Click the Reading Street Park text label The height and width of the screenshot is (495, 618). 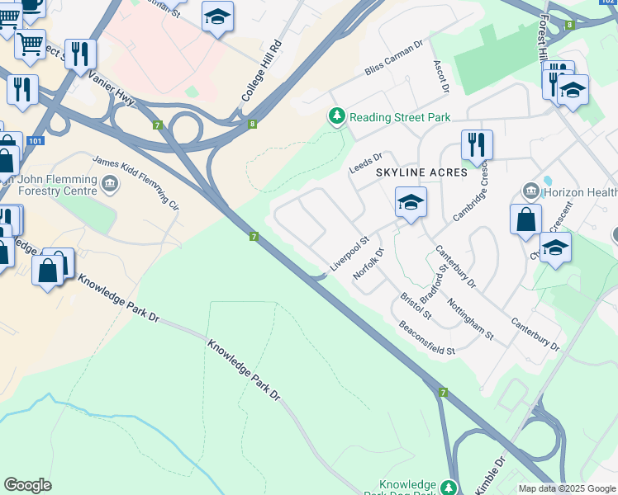[400, 117]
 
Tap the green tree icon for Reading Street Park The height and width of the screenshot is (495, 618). [336, 117]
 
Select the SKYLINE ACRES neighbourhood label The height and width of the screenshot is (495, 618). [421, 173]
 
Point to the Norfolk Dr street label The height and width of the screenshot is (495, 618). [368, 264]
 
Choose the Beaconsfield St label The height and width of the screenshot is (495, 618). [427, 338]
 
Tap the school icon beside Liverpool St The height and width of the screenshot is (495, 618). [411, 201]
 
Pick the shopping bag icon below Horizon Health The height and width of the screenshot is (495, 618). [525, 219]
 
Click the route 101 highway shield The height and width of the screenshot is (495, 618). [35, 141]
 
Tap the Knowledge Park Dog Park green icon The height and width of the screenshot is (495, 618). [449, 488]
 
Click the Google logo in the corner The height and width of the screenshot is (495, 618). [27, 485]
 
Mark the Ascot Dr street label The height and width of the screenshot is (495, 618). [440, 76]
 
